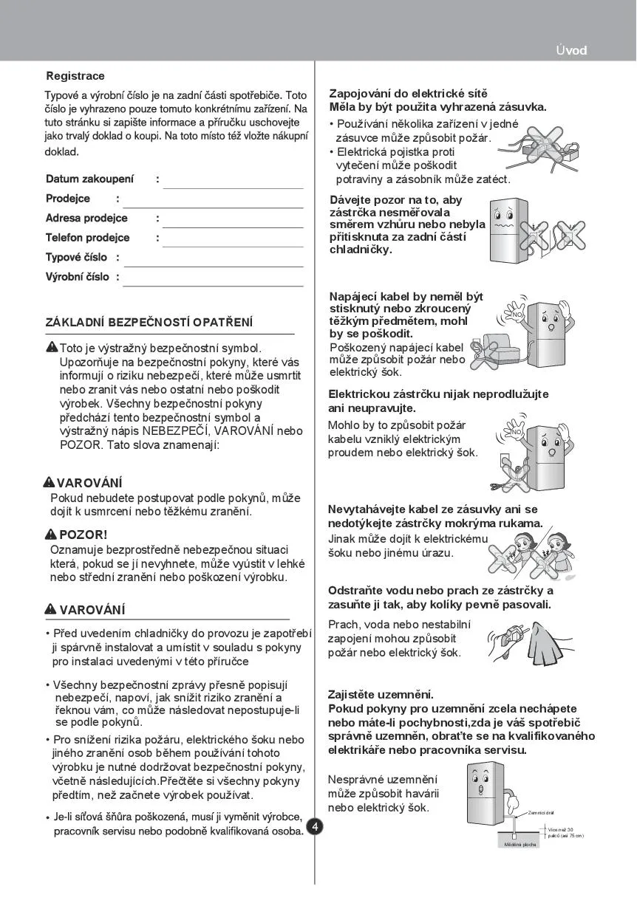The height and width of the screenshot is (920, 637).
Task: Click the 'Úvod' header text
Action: (x=572, y=50)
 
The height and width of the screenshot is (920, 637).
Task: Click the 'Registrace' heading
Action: (x=75, y=76)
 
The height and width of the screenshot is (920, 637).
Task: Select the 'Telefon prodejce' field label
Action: (x=87, y=238)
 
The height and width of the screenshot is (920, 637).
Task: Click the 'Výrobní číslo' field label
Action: (x=77, y=277)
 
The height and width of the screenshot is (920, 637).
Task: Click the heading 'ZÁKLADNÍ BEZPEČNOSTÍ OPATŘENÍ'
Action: (x=149, y=323)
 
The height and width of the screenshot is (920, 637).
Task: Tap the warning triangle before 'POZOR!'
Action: (x=50, y=534)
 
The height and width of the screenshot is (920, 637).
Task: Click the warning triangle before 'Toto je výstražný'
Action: (x=52, y=347)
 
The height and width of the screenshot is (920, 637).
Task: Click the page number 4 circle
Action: (x=315, y=826)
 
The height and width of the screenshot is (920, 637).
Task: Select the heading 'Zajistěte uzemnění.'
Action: (x=381, y=695)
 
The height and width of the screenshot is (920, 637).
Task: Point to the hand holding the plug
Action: (x=503, y=642)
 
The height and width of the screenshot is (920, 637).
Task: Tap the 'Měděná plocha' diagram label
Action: (x=520, y=844)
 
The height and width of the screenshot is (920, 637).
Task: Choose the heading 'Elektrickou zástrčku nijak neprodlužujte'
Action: (x=438, y=394)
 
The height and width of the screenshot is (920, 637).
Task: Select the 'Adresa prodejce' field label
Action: (x=86, y=219)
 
